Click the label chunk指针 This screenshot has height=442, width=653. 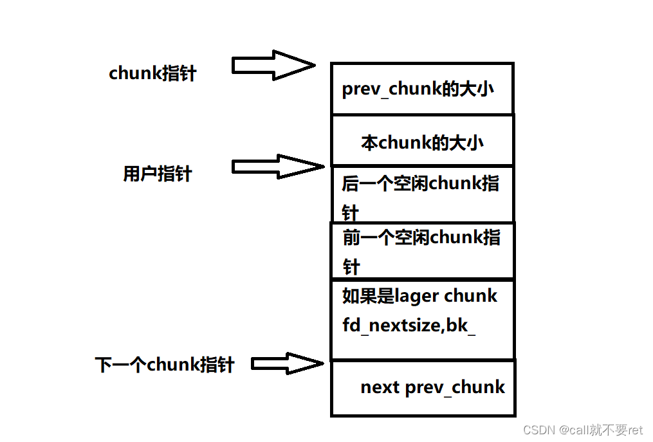152,73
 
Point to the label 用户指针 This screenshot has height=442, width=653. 157,174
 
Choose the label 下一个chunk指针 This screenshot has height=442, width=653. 165,365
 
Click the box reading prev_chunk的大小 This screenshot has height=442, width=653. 422,89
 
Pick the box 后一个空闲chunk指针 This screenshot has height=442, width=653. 422,194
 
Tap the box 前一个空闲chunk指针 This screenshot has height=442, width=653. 422,251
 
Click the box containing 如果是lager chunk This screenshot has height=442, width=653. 422,319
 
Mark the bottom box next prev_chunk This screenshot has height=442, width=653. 423,388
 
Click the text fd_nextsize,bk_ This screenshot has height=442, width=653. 409,326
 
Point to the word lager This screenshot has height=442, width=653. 417,297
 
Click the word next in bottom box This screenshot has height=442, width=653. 380,387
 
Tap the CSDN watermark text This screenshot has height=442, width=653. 538,430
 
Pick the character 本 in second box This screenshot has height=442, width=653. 369,143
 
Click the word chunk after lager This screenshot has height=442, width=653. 472,296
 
